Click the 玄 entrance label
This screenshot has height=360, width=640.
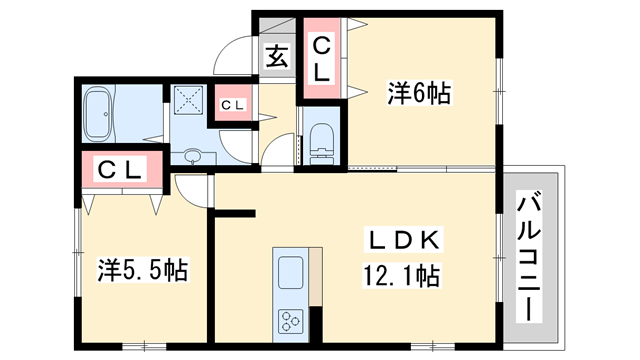(x=277, y=57)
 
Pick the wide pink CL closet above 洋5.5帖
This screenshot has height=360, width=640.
(x=120, y=169)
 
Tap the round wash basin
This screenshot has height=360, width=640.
(x=192, y=156)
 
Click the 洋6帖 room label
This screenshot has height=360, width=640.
(x=419, y=95)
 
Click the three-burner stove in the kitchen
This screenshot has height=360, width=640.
(x=291, y=320)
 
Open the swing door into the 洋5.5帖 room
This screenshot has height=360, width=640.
(x=191, y=190)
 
